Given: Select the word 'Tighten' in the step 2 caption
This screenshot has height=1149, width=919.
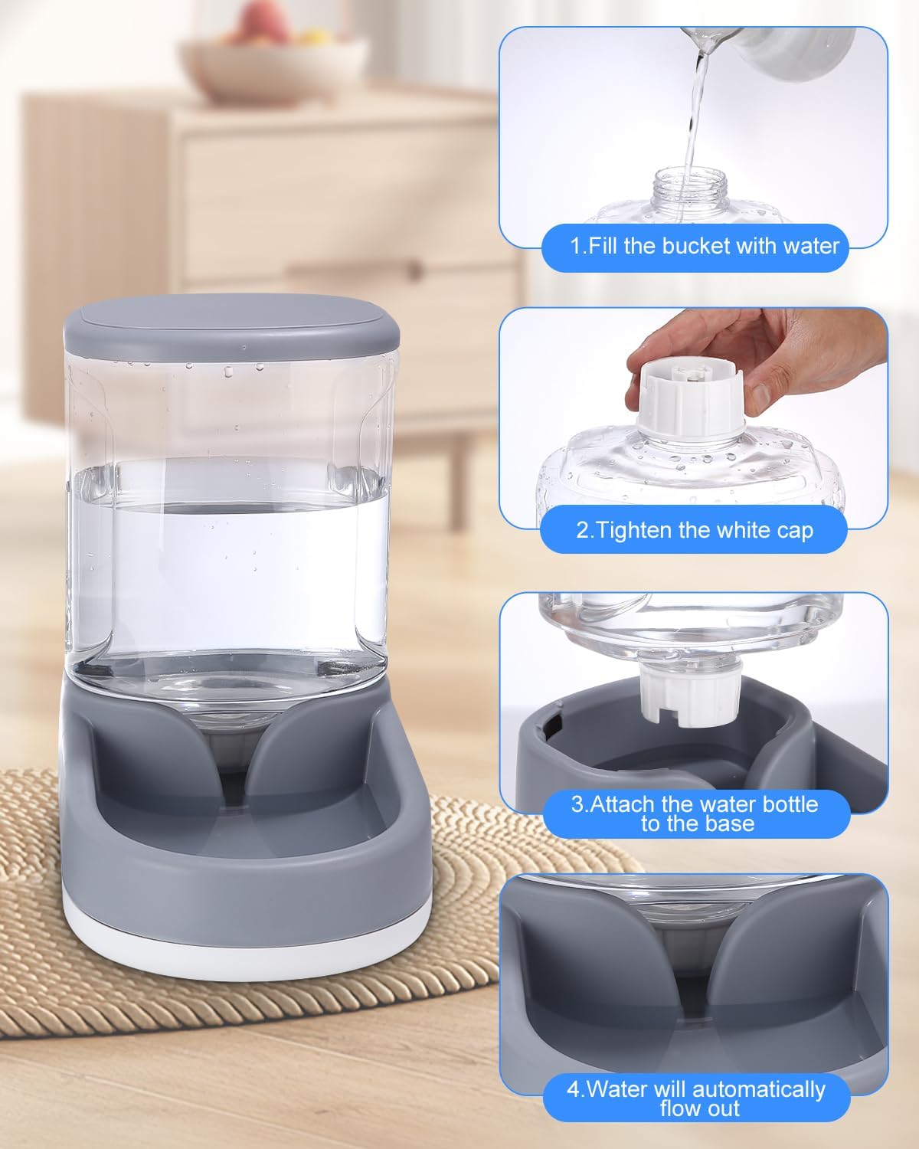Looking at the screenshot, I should click(634, 529).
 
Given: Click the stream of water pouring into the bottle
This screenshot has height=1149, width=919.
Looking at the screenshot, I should click(695, 115).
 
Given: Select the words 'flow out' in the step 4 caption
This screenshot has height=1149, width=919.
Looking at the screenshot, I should click(699, 1108).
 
